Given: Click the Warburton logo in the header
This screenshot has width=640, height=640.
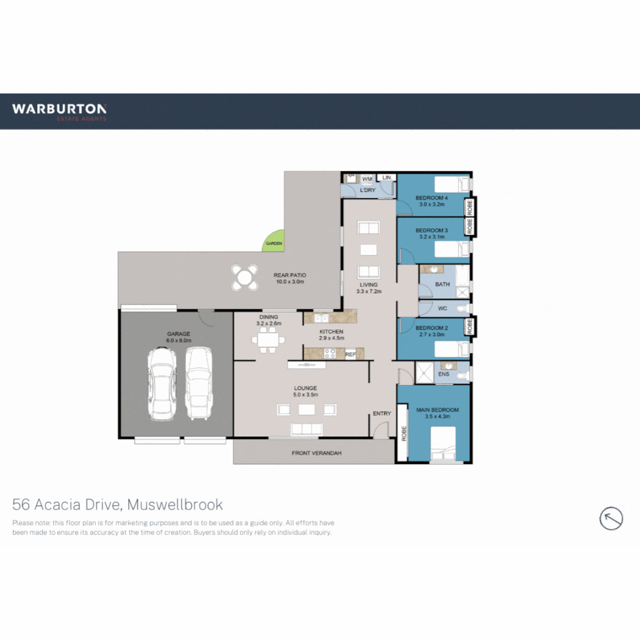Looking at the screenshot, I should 59,111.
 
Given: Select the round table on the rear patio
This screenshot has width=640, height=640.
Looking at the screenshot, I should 245,277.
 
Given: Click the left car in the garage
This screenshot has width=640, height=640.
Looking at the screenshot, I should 161,383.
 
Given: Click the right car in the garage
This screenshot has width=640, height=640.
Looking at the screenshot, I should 199,383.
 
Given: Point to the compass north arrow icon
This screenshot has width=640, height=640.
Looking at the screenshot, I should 611,519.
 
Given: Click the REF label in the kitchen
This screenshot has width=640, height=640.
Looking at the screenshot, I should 350,354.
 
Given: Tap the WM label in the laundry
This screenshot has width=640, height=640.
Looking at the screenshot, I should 367,178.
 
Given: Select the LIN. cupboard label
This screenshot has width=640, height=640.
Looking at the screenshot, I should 387,178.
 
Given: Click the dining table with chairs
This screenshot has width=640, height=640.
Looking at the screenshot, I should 268,340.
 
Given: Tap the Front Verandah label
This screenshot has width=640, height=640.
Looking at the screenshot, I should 316,453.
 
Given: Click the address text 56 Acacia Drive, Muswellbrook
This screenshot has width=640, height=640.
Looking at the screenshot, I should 118,505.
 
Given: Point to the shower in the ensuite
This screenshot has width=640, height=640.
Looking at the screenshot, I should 424,371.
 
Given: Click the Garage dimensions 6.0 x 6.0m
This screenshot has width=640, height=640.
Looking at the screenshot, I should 178,341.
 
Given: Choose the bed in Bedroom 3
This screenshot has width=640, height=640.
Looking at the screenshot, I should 452,249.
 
